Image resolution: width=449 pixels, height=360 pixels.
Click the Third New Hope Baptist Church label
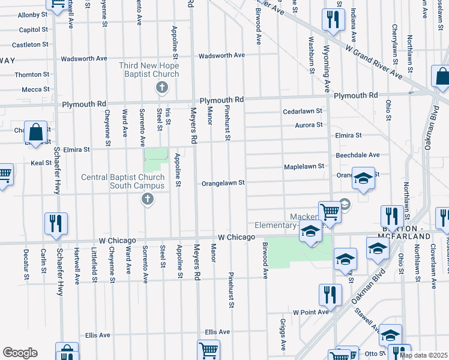149,70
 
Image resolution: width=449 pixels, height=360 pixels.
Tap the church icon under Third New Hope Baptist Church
161,88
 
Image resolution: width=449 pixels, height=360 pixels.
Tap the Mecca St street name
35,89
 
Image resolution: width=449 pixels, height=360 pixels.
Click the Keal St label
41,163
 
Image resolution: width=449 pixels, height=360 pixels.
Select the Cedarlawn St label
303,112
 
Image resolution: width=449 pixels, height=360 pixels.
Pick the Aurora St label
309,125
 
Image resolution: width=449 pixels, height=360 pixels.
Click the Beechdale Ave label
357,155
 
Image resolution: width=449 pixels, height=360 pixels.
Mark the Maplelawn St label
304,166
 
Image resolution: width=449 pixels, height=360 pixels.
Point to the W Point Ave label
310,313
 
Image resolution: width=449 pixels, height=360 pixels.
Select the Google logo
20,352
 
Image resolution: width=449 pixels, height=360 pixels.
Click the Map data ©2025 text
424,355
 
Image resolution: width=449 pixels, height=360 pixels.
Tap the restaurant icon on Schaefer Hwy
56,224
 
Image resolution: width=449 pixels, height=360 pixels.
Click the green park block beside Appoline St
156,160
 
